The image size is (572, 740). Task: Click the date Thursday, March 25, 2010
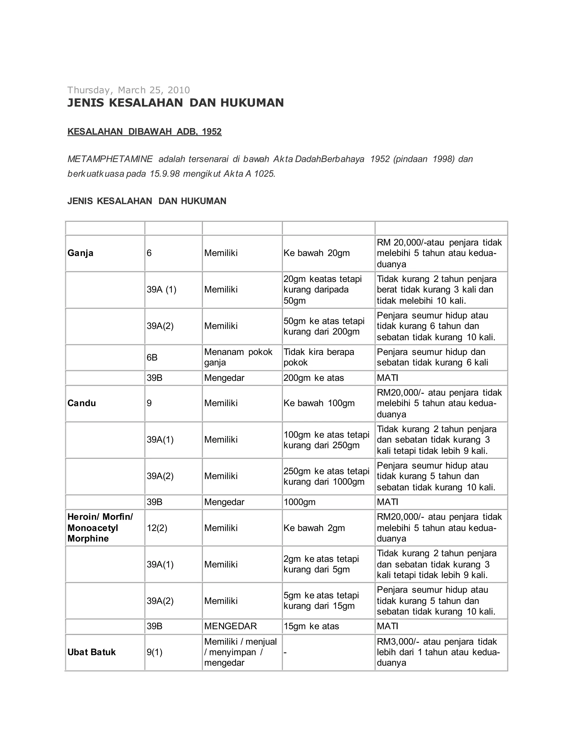pyautogui.click(x=128, y=90)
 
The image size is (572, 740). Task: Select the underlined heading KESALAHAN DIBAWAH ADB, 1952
pyautogui.click(x=144, y=132)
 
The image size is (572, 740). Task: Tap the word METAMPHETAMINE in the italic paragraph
pyautogui.click(x=110, y=159)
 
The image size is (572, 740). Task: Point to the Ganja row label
pyautogui.click(x=80, y=253)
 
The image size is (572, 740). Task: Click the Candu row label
pyautogui.click(x=82, y=403)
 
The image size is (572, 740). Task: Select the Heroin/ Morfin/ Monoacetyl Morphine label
pyautogui.click(x=100, y=527)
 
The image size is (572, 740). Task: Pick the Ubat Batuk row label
pyautogui.click(x=92, y=652)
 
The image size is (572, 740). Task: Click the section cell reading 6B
pyautogui.click(x=152, y=357)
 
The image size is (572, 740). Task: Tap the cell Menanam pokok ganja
pyautogui.click(x=238, y=357)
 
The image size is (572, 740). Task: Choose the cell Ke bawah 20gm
pyautogui.click(x=316, y=253)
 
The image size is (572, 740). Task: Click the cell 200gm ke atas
pyautogui.click(x=313, y=378)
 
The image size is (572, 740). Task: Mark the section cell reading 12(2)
pyautogui.click(x=157, y=528)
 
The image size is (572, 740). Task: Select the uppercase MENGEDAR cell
pyautogui.click(x=230, y=626)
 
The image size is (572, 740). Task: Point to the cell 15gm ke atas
pyautogui.click(x=311, y=626)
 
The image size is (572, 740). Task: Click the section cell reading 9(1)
pyautogui.click(x=154, y=652)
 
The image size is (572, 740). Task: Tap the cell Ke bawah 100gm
pyautogui.click(x=319, y=403)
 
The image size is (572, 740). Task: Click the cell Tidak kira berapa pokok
pyautogui.click(x=318, y=357)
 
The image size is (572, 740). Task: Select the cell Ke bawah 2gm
pyautogui.click(x=314, y=528)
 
